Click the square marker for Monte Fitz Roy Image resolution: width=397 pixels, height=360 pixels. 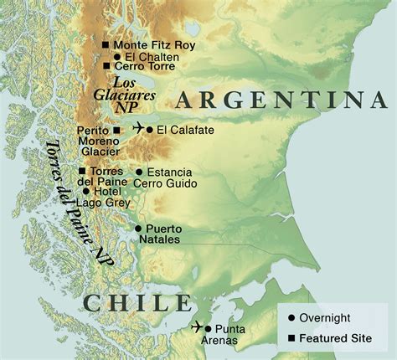[x=106, y=44]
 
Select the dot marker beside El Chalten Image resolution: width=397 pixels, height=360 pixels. [x=117, y=56]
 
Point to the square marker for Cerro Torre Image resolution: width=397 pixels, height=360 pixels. [x=106, y=66]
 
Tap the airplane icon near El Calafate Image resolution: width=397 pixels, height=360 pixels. [x=137, y=129]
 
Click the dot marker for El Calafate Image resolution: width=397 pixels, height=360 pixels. [x=150, y=130]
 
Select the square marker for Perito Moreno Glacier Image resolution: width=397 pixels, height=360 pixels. [x=116, y=131]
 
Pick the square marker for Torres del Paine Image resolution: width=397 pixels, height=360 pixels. [x=94, y=172]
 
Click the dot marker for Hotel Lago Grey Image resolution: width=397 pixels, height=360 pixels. [x=98, y=192]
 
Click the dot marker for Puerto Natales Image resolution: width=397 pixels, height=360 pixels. [x=138, y=228]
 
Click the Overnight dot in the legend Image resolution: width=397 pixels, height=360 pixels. [x=291, y=318]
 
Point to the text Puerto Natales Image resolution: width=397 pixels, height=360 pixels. [x=162, y=234]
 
